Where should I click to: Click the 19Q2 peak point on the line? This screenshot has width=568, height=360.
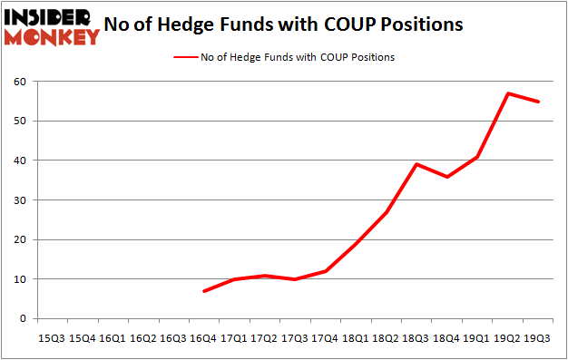510,93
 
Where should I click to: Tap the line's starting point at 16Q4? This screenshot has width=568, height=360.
204,291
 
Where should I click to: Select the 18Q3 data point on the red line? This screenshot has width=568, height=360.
416,164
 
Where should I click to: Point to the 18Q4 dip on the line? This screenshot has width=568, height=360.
447,176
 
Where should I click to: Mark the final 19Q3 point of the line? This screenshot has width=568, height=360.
539,102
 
